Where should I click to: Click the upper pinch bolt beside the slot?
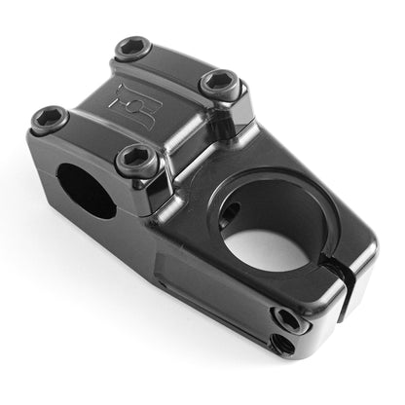pos(285,318)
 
